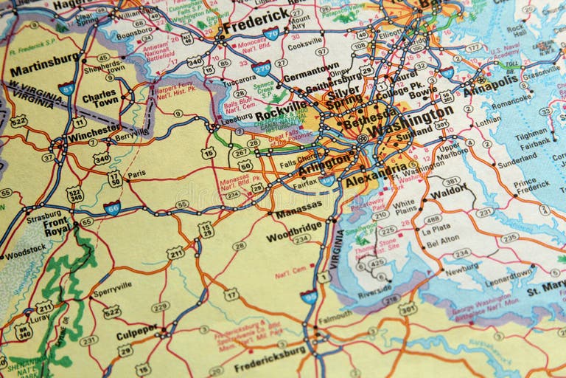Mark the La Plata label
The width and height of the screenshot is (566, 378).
click(436, 230)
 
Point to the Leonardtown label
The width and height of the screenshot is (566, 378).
click(509, 272)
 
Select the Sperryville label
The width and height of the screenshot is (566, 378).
click(112, 286)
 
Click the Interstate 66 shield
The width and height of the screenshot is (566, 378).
click(112, 208)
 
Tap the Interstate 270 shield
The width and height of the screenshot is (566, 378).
click(261, 68)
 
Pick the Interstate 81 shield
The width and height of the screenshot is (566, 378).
click(66, 89)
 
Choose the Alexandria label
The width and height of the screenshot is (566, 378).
click(376, 175)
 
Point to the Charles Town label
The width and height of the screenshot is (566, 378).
click(99, 100)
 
